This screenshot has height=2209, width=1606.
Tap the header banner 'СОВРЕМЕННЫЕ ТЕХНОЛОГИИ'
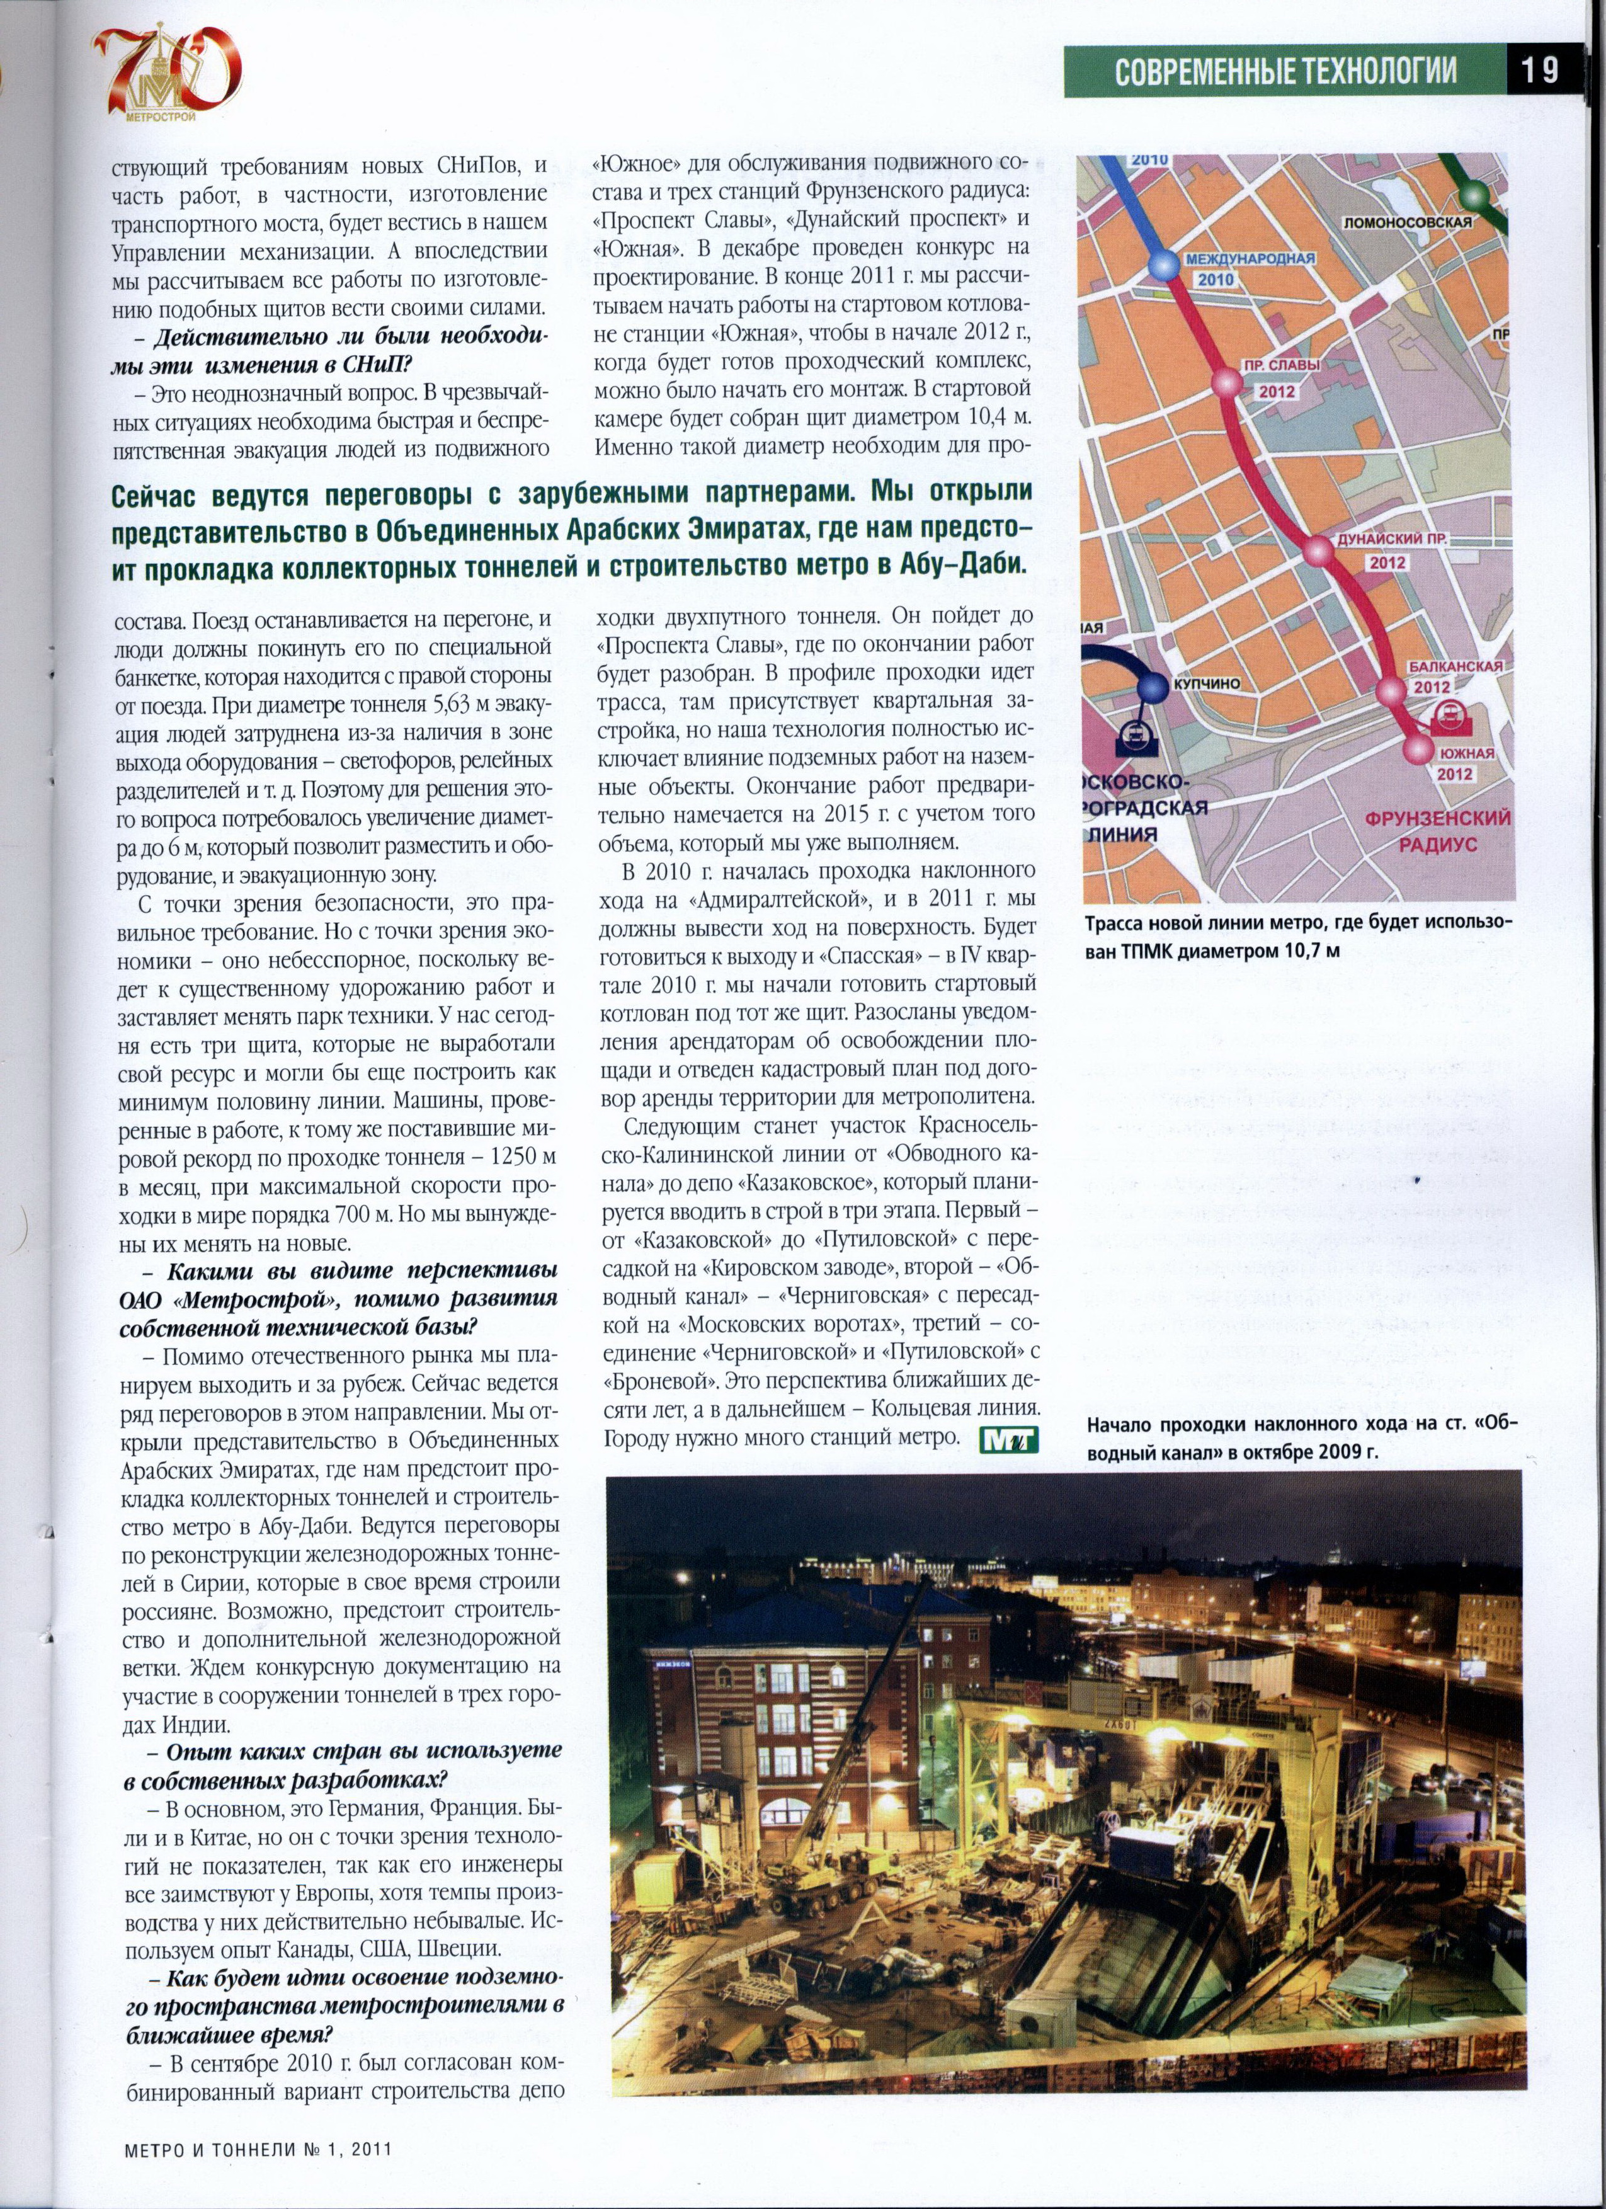click(x=1285, y=71)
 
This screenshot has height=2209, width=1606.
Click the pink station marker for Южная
click(x=1418, y=748)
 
